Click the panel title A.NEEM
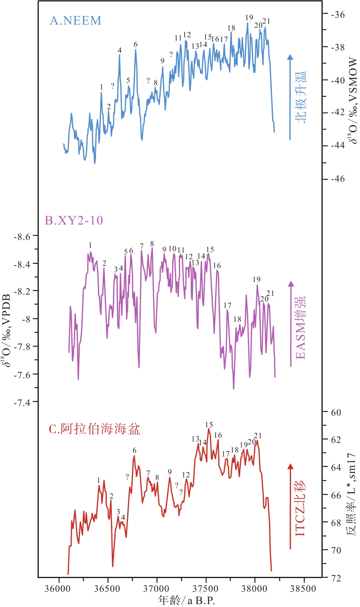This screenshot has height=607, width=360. [x=76, y=20]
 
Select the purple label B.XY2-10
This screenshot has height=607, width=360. [x=74, y=220]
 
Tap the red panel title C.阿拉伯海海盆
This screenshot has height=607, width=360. [x=95, y=429]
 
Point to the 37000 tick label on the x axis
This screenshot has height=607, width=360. [x=156, y=589]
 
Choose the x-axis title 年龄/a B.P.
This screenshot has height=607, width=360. [x=186, y=600]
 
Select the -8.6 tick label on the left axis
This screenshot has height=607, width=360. [x=22, y=236]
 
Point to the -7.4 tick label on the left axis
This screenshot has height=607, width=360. [x=22, y=403]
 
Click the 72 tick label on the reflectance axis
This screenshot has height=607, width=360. [x=336, y=578]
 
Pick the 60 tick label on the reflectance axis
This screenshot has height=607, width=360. [x=336, y=412]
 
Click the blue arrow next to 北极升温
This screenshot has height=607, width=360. [x=290, y=96]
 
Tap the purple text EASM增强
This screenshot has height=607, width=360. [x=300, y=328]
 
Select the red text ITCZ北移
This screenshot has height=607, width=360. [x=300, y=509]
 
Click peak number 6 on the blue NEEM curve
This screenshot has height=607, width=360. [x=136, y=44]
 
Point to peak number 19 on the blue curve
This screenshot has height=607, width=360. [x=249, y=17]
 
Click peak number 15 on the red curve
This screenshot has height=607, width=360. [x=209, y=425]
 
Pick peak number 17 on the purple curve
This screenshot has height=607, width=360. [x=227, y=306]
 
